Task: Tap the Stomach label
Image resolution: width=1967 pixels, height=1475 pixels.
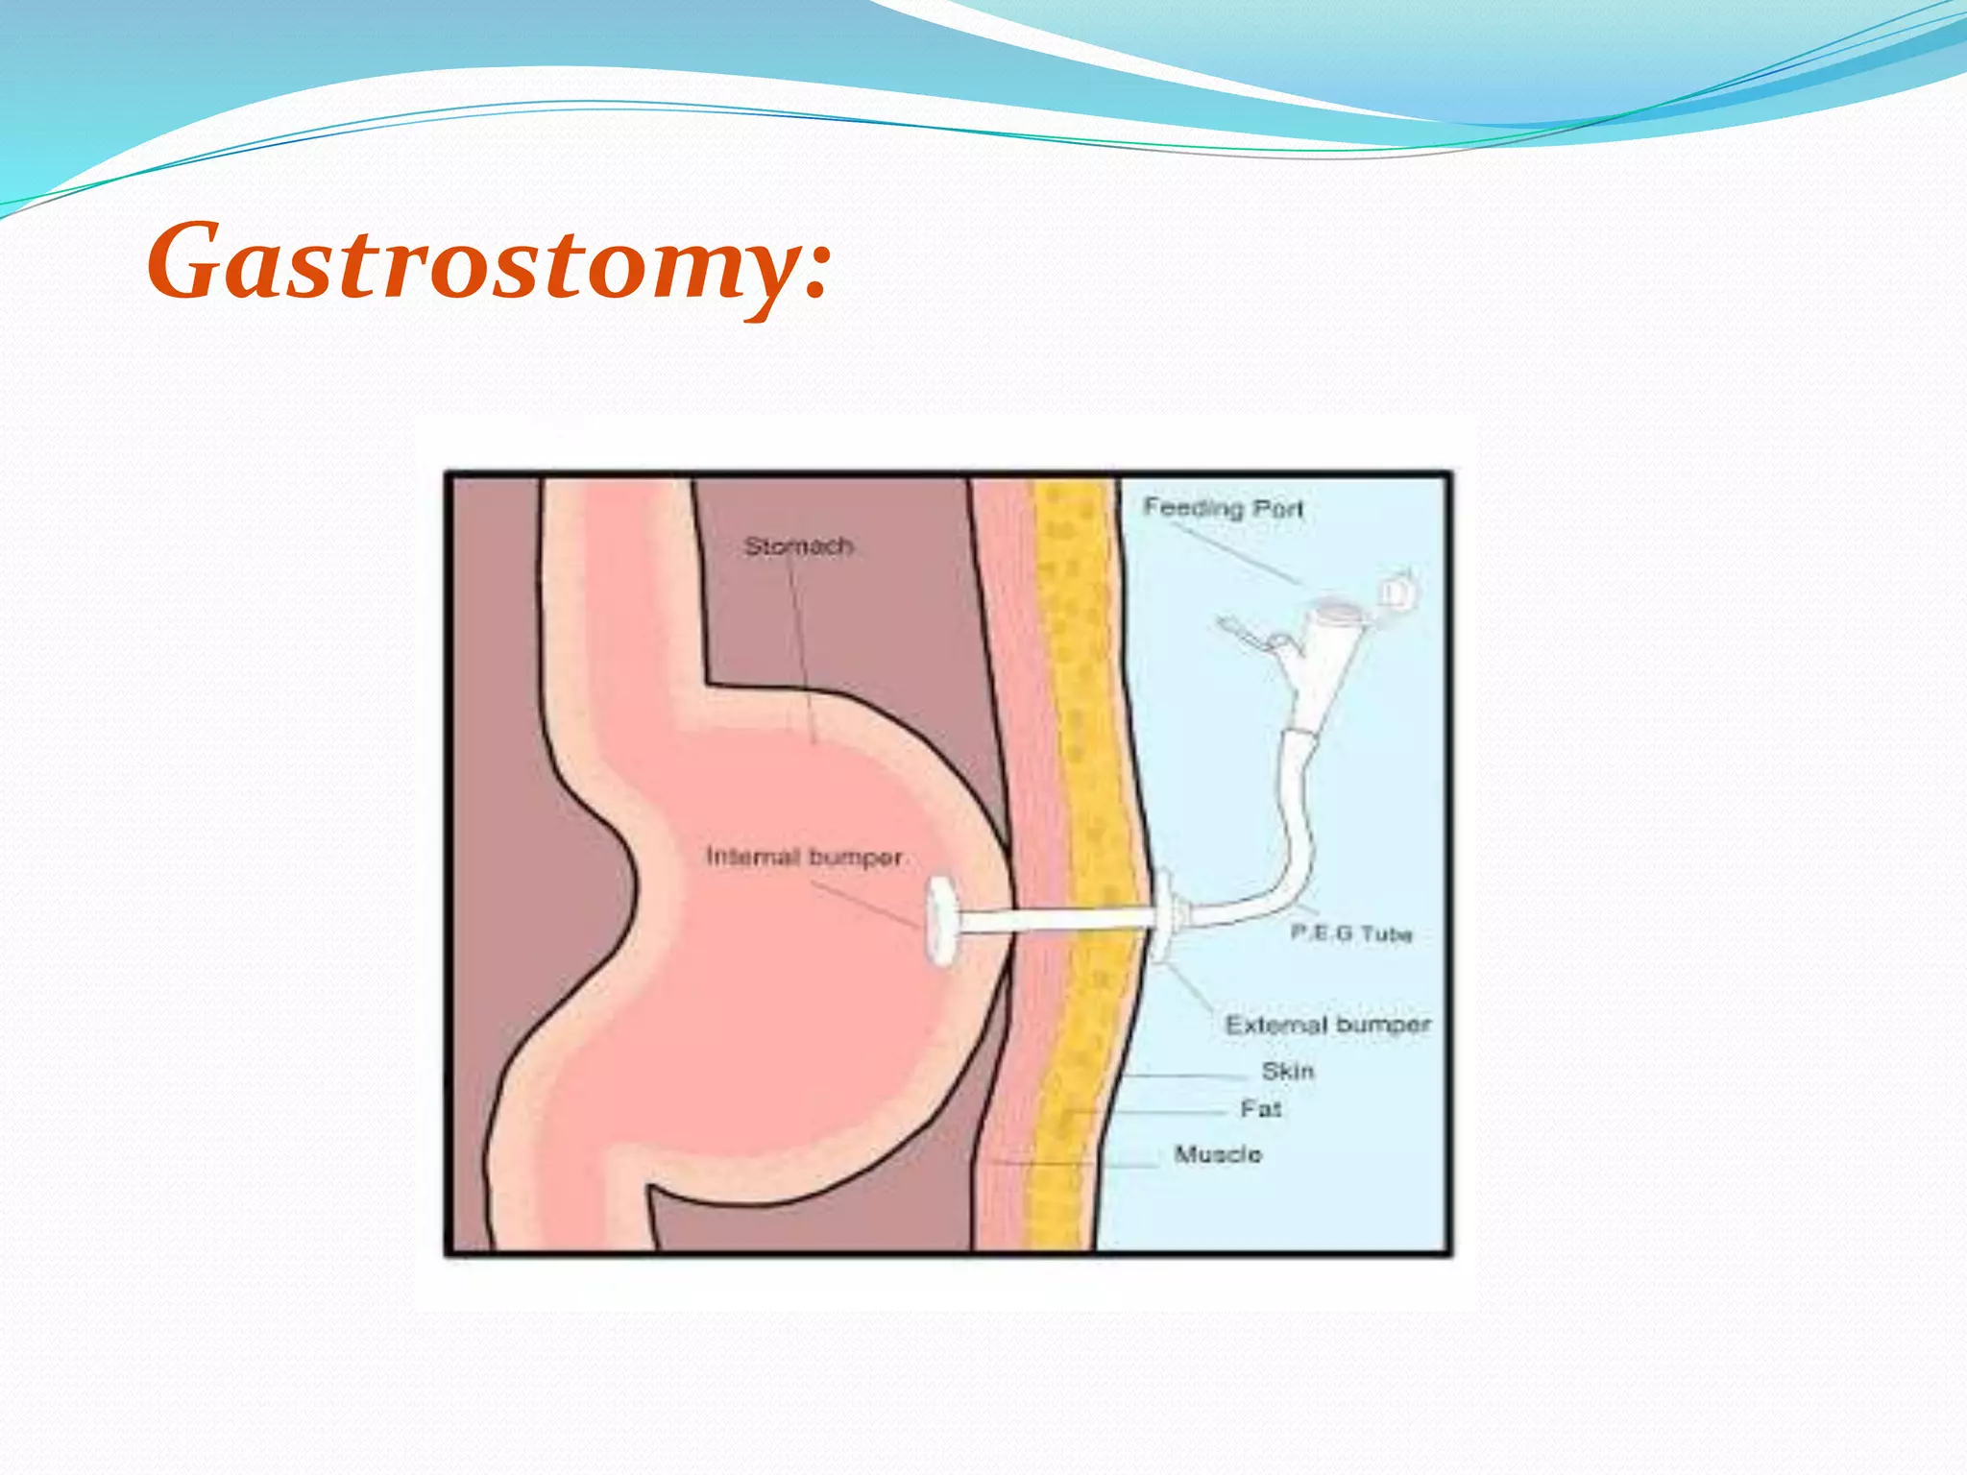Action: [798, 546]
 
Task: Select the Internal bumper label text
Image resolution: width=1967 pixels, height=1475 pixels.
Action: [804, 857]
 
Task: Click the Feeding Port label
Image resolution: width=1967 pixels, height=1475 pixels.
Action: [1223, 507]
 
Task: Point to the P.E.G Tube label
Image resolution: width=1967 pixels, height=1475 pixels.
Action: [1351, 933]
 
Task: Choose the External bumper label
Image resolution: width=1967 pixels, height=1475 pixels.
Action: [1327, 1025]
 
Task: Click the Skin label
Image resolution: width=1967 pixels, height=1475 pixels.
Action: [1287, 1071]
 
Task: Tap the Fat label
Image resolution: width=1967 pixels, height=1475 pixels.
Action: [1260, 1109]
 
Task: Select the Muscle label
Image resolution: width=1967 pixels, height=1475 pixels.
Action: [1218, 1154]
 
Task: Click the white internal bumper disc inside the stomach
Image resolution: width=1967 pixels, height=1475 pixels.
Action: [941, 920]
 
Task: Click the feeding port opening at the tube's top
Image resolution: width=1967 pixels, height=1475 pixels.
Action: [1338, 609]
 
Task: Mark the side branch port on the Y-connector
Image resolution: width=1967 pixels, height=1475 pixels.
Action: [1249, 634]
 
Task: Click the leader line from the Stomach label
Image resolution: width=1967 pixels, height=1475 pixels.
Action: [803, 653]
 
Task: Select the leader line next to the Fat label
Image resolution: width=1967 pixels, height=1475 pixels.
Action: [1153, 1112]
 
